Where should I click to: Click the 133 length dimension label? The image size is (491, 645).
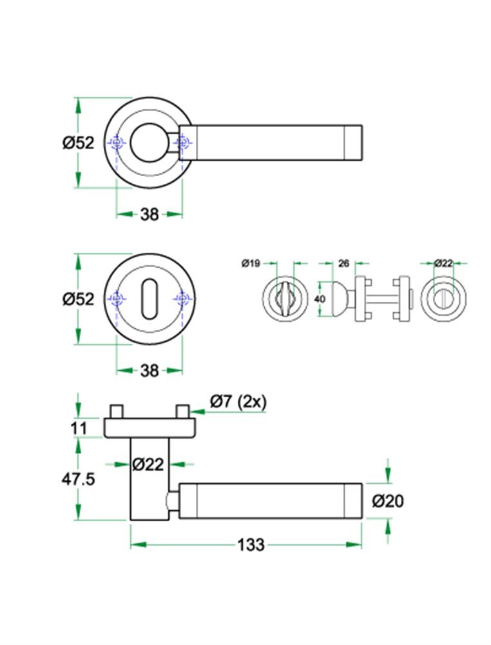(x=251, y=545)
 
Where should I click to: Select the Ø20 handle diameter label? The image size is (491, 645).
(x=388, y=501)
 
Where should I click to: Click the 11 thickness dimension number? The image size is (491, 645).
(x=79, y=427)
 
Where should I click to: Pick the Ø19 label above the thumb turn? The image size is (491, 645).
(x=250, y=263)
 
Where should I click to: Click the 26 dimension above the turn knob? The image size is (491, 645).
(x=343, y=263)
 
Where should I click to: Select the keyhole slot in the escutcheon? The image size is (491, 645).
(x=149, y=299)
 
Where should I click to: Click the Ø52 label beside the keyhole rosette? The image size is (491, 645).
(x=79, y=299)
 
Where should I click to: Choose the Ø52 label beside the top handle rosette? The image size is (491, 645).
(x=79, y=143)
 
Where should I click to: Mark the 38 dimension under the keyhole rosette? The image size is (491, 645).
(x=149, y=371)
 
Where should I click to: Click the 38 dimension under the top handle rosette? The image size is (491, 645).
(x=149, y=214)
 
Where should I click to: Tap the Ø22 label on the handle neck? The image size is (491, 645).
(x=148, y=463)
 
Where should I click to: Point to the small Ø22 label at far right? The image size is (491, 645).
(x=443, y=263)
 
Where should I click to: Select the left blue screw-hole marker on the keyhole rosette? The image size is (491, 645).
(x=116, y=299)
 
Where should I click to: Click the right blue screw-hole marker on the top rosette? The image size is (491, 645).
(x=183, y=143)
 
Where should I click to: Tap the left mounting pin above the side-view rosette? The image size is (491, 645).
(x=117, y=411)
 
